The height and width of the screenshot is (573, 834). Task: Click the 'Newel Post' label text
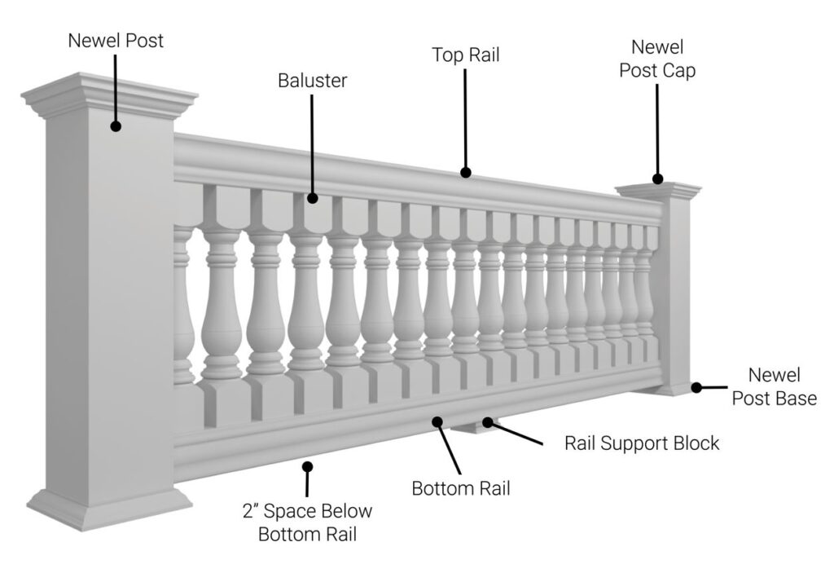point(116,40)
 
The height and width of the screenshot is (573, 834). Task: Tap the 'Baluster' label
point(312,81)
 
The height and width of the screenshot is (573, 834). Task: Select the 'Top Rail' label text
point(465,55)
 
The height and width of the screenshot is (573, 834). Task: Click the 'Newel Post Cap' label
point(657,59)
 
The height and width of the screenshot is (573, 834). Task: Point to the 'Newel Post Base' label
point(774,386)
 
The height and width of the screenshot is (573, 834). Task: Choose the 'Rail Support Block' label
point(642,443)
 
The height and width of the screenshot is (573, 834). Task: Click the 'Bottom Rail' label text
point(461,489)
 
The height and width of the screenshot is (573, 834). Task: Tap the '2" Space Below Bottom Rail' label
point(307,522)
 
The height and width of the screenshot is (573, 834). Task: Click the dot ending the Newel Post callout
point(116,126)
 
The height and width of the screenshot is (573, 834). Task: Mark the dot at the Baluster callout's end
point(312,196)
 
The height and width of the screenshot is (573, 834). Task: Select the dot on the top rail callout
point(465,172)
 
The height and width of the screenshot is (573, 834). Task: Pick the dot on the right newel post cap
point(657,179)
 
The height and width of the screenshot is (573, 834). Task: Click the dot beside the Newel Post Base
point(697,387)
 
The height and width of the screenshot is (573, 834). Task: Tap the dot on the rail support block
point(487,421)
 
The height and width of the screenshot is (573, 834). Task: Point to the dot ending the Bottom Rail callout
point(437,421)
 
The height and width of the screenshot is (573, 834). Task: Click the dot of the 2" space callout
point(307,466)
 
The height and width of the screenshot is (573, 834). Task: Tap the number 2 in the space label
point(247,512)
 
